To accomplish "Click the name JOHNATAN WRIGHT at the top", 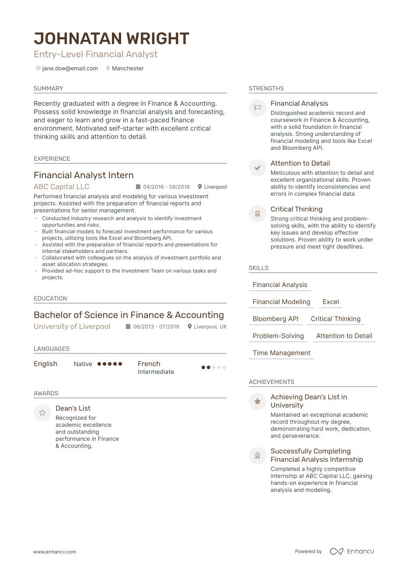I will tap(111, 39).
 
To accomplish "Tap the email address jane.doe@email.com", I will tap(70, 69).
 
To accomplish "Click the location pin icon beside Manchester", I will tap(108, 69).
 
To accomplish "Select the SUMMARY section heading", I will tap(49, 88).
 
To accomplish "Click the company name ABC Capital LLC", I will tap(62, 187).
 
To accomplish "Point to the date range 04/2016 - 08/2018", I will tap(166, 187).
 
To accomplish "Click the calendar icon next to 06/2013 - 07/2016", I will tap(128, 327).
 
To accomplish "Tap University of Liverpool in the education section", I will tap(72, 326).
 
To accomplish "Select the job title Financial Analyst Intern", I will tap(84, 175).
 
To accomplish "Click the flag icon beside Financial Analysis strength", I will tap(258, 107).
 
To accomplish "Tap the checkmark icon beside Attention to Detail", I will tap(258, 168).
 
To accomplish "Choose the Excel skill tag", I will tap(331, 302).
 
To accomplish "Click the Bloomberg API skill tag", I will tap(275, 319).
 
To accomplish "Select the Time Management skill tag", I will tap(281, 353).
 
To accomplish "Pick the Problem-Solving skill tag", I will tap(278, 336).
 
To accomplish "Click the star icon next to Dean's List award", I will tap(42, 413).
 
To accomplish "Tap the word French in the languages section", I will tap(149, 364).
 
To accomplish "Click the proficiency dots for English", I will tap(110, 364).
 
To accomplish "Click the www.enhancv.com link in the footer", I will tap(55, 552).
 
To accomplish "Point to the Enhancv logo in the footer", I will tap(352, 551).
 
